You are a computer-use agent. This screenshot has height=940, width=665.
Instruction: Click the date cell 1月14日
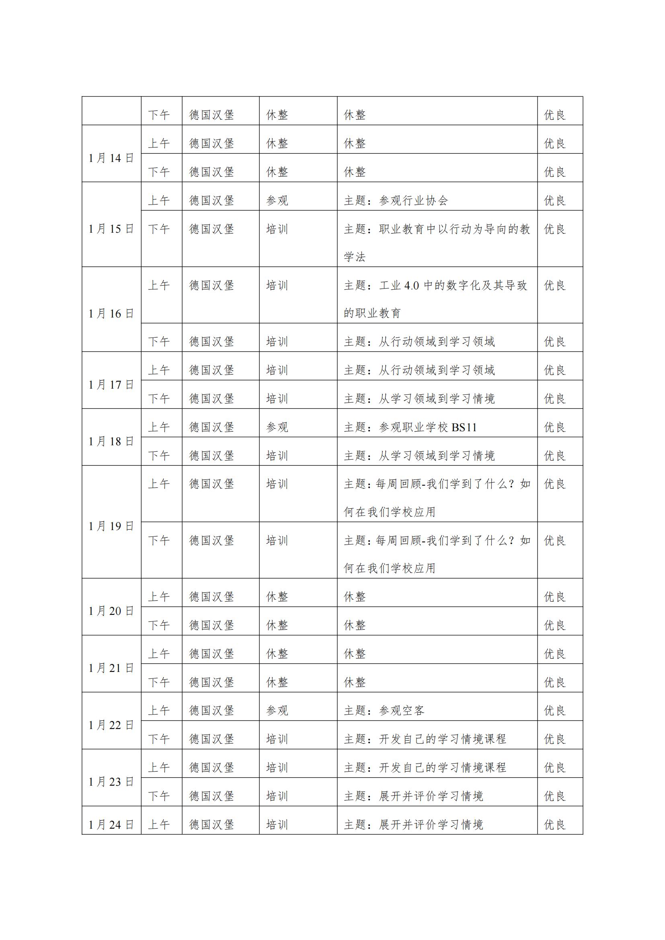pyautogui.click(x=111, y=158)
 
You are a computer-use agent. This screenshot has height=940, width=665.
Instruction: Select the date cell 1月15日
pyautogui.click(x=111, y=229)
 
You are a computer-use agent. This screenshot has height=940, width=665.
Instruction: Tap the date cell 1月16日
pyautogui.click(x=111, y=313)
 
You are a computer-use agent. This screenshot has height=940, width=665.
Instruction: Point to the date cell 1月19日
pyautogui.click(x=111, y=526)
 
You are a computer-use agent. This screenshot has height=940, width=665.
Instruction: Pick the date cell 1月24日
pyautogui.click(x=111, y=825)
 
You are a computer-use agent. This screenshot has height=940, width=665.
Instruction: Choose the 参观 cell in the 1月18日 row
pyautogui.click(x=277, y=428)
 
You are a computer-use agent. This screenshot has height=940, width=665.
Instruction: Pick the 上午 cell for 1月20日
pyautogui.click(x=159, y=597)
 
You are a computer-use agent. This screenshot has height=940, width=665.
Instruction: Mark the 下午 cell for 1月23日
pyautogui.click(x=159, y=796)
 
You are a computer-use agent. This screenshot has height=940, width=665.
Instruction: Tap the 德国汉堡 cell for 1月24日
pyautogui.click(x=212, y=825)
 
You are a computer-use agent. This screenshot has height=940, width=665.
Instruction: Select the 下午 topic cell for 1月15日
pyautogui.click(x=437, y=242)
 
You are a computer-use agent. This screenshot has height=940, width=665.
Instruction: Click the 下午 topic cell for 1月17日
pyautogui.click(x=419, y=399)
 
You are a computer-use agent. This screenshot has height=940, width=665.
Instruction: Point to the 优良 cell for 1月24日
pyautogui.click(x=555, y=825)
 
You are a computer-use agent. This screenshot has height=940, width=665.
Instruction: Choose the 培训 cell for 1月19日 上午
pyautogui.click(x=277, y=484)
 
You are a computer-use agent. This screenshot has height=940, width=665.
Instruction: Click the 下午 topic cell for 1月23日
pyautogui.click(x=414, y=796)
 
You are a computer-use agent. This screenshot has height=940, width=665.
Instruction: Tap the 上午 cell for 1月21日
pyautogui.click(x=159, y=654)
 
